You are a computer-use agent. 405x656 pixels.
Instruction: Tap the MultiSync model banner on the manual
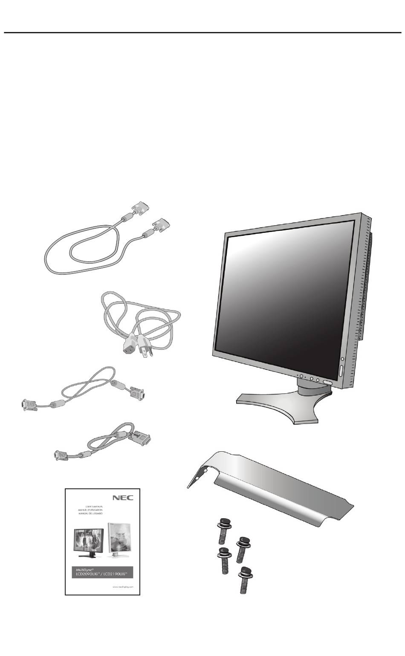(x=102, y=572)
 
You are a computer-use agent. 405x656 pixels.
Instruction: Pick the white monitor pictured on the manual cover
(x=119, y=539)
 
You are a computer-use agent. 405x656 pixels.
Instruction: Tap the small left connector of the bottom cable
(x=60, y=456)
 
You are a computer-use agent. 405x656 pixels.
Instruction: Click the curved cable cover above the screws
(x=273, y=491)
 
